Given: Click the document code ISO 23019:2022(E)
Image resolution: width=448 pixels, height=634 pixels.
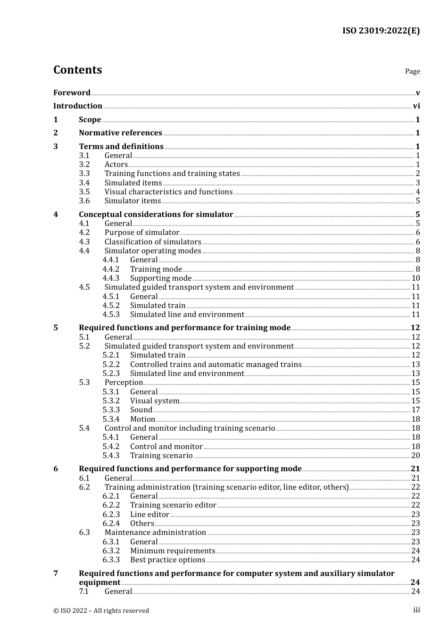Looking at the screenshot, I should coord(381,31).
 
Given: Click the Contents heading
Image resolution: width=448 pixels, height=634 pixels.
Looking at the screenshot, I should coord(77,70).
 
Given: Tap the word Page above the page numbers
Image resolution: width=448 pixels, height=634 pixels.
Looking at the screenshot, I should coord(412,71).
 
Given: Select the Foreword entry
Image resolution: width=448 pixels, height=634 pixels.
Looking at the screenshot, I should coord(72,92).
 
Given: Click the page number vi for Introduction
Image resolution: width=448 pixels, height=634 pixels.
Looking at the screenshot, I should coord(416,106).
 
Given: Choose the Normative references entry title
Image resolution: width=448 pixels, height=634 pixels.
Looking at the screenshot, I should coord(120,133).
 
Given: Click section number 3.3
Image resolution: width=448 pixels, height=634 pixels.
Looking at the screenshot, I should coord(84,174).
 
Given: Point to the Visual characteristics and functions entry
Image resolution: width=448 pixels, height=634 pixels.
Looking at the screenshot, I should coord(168,192).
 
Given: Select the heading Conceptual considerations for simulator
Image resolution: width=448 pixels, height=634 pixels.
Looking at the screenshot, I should coord(156,215).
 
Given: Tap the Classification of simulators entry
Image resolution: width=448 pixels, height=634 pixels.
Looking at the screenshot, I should coord(153,242).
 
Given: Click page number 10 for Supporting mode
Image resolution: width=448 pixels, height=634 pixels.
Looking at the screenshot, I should coord(415,278).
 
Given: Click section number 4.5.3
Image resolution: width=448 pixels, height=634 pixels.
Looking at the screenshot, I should coord(111,315).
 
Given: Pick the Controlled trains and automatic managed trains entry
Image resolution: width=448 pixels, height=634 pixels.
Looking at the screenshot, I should coord(216,365).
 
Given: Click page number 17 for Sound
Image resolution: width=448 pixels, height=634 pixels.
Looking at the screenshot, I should coord(415,410).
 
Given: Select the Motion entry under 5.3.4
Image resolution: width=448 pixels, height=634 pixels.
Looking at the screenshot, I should coord(142,419).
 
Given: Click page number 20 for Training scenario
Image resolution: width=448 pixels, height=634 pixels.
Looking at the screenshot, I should coord(415,456).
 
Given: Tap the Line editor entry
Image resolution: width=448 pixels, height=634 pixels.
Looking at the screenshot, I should coord(149,515).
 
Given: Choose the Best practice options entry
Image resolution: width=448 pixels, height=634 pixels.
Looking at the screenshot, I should coord(167,560).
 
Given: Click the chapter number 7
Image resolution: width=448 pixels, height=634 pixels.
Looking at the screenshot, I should coord(56,574).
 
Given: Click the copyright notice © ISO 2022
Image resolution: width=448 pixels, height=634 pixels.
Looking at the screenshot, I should coord(101,611).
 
